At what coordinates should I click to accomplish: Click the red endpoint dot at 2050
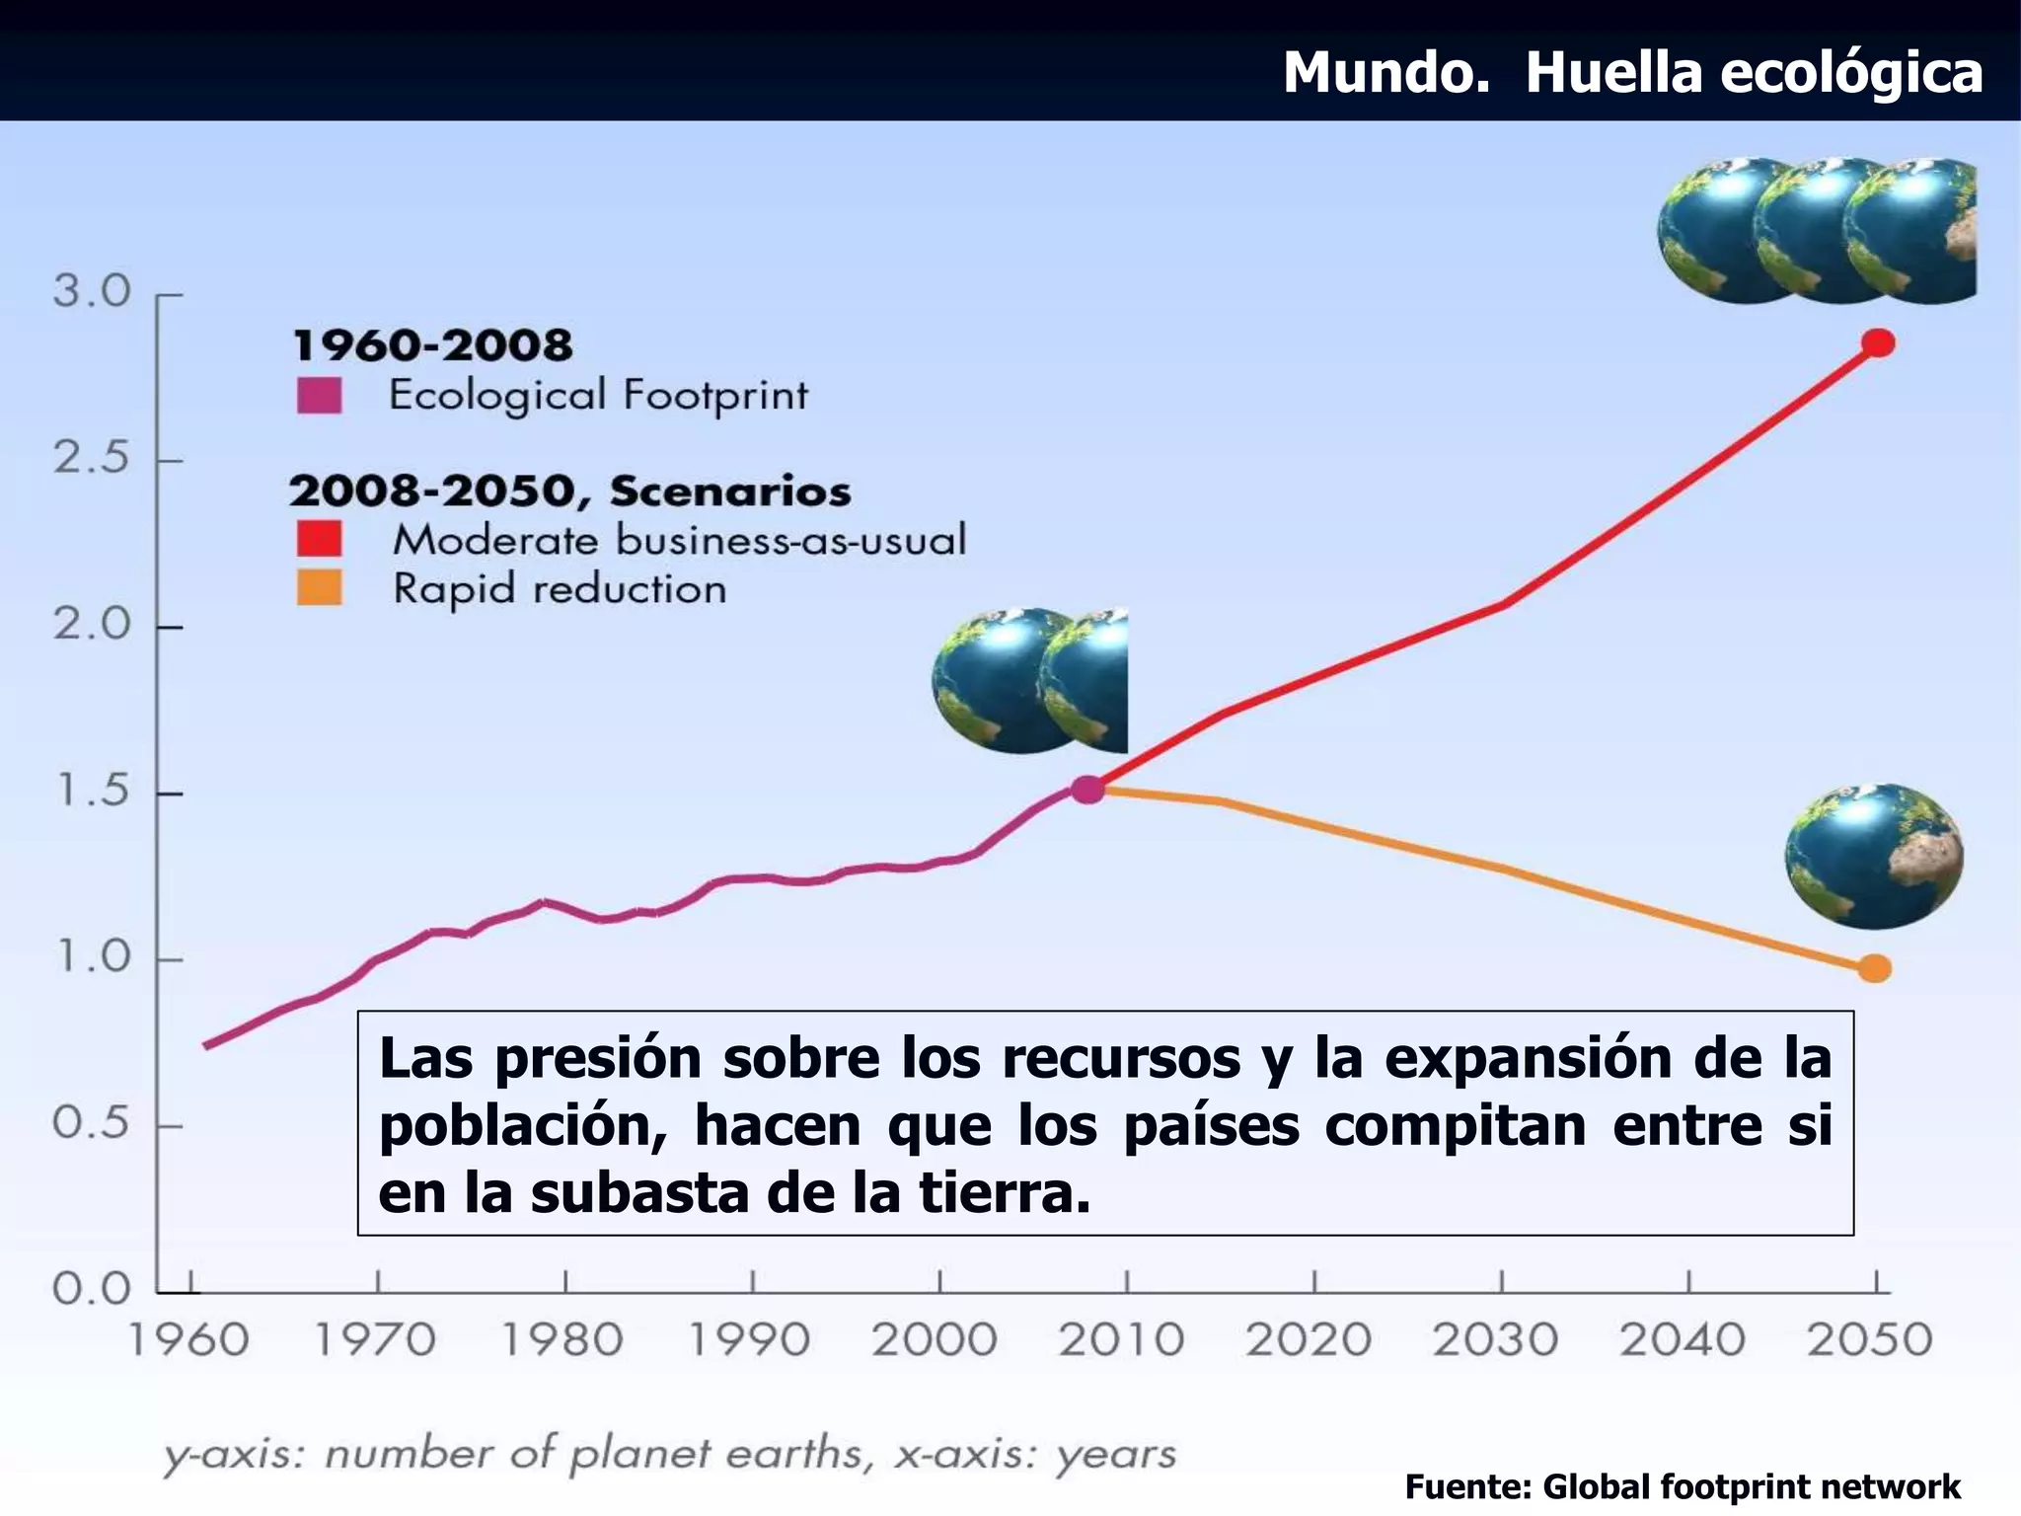(x=1878, y=343)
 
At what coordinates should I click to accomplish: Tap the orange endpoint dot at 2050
(x=1875, y=968)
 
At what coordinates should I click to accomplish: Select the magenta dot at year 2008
(x=1087, y=789)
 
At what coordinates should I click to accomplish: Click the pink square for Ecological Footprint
(x=319, y=397)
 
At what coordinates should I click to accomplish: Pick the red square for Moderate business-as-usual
(x=319, y=540)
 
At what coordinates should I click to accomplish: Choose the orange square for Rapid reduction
(x=319, y=588)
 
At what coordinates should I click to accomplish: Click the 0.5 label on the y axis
(x=91, y=1123)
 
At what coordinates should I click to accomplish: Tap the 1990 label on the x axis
(x=749, y=1340)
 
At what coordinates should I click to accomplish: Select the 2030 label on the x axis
(x=1496, y=1340)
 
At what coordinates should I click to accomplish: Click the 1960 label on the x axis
(x=188, y=1340)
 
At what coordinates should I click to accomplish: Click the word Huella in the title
(x=1614, y=72)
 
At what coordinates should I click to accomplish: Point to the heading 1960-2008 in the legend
(x=432, y=345)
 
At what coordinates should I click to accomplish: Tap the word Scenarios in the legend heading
(x=729, y=492)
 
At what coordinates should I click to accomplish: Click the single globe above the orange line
(x=1873, y=856)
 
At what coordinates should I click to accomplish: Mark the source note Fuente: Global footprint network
(x=1682, y=1485)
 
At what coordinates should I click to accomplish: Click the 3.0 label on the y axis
(x=91, y=292)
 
